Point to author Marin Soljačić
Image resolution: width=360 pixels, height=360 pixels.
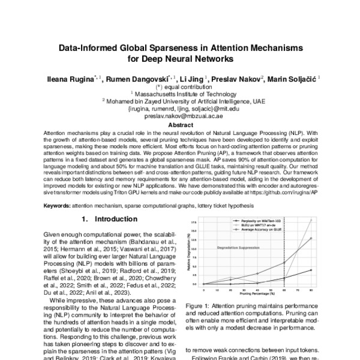(294, 79)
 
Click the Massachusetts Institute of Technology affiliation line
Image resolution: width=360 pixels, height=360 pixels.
(180, 95)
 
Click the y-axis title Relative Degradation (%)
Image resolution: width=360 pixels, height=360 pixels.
(190, 252)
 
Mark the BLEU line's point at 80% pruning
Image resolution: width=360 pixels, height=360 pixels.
(311, 220)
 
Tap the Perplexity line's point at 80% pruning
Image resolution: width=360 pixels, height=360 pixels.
(311, 270)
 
